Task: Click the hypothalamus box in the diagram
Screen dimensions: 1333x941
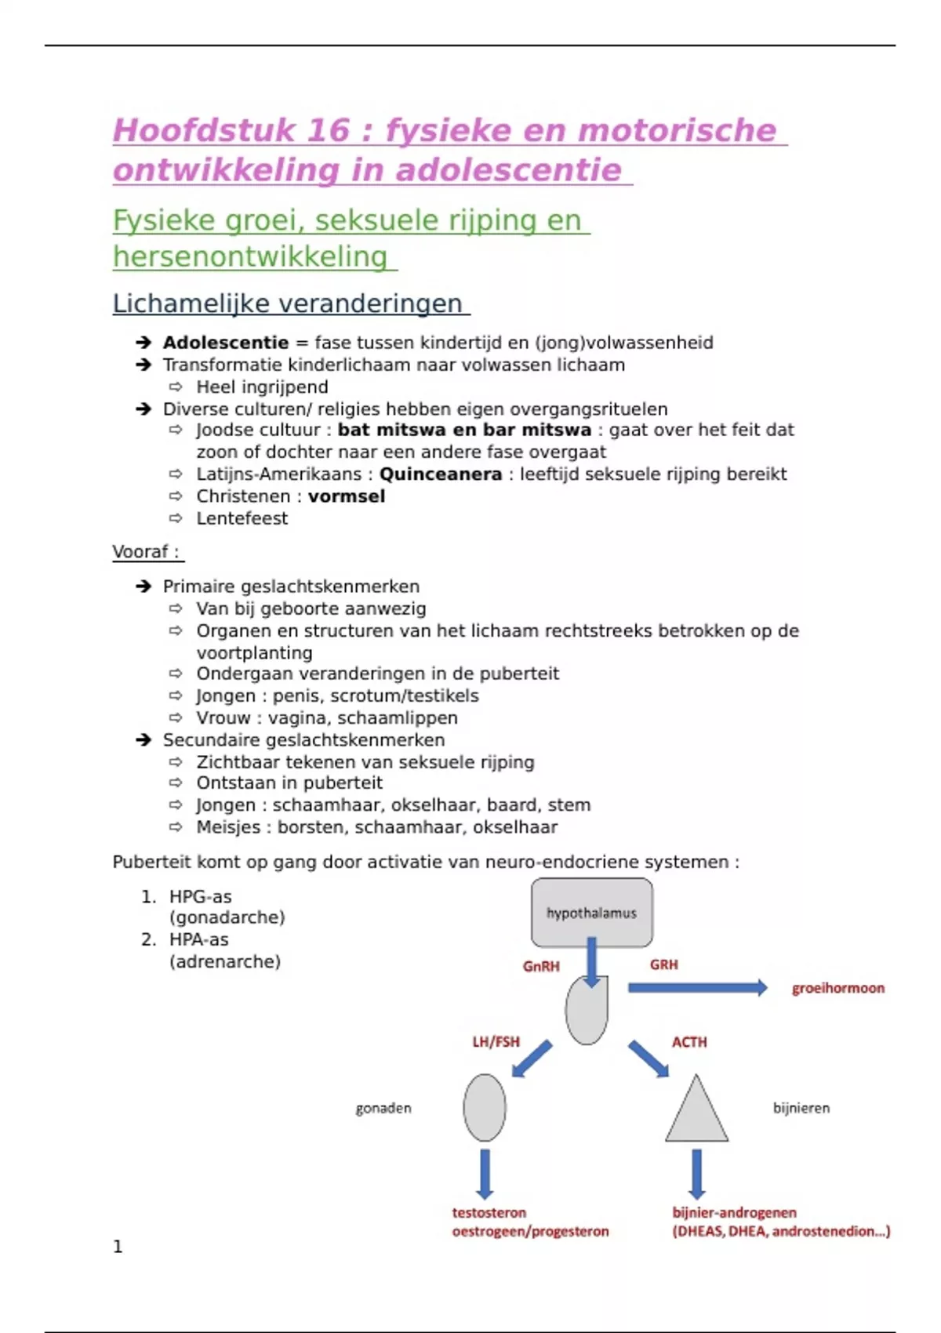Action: (x=591, y=912)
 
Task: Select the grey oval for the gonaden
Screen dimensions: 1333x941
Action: (x=485, y=1107)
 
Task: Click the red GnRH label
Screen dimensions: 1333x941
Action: (x=541, y=966)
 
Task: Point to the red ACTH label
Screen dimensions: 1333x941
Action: (x=689, y=1042)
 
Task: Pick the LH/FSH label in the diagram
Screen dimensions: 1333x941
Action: (x=496, y=1042)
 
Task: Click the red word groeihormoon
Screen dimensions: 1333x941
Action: (x=837, y=988)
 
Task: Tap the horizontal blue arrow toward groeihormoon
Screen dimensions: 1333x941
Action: (x=697, y=988)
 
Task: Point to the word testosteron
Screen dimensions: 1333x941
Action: (x=489, y=1212)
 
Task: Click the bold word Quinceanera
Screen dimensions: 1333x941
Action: (x=441, y=474)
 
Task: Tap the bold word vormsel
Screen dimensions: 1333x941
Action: (x=347, y=496)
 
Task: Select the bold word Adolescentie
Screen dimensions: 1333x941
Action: (x=226, y=343)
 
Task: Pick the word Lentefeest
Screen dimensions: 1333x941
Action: (x=242, y=518)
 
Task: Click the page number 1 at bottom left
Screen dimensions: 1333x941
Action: (x=118, y=1247)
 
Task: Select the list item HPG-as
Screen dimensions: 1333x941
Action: (x=201, y=896)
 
